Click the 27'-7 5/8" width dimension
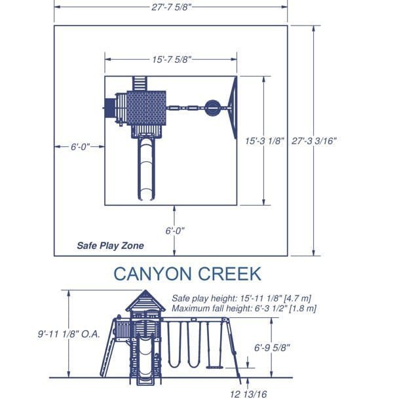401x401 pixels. [171, 7]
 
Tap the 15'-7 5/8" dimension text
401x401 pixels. [172, 60]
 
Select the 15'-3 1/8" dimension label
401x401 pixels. [265, 141]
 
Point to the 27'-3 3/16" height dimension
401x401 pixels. [314, 141]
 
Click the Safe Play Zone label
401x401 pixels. [110, 246]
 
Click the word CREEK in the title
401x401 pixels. [229, 274]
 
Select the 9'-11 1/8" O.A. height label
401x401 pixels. [69, 334]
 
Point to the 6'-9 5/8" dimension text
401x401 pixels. [272, 348]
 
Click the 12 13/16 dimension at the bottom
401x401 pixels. [248, 394]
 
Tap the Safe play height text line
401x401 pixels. [241, 298]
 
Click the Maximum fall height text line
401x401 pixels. [244, 309]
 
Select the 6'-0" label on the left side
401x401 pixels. [81, 147]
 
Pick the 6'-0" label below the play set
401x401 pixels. [175, 231]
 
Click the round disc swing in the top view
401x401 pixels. [212, 108]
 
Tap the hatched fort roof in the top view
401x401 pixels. [146, 108]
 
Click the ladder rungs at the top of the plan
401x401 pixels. [140, 83]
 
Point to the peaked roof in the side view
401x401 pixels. [145, 301]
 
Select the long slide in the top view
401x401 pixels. [146, 168]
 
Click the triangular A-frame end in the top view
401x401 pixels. [233, 108]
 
